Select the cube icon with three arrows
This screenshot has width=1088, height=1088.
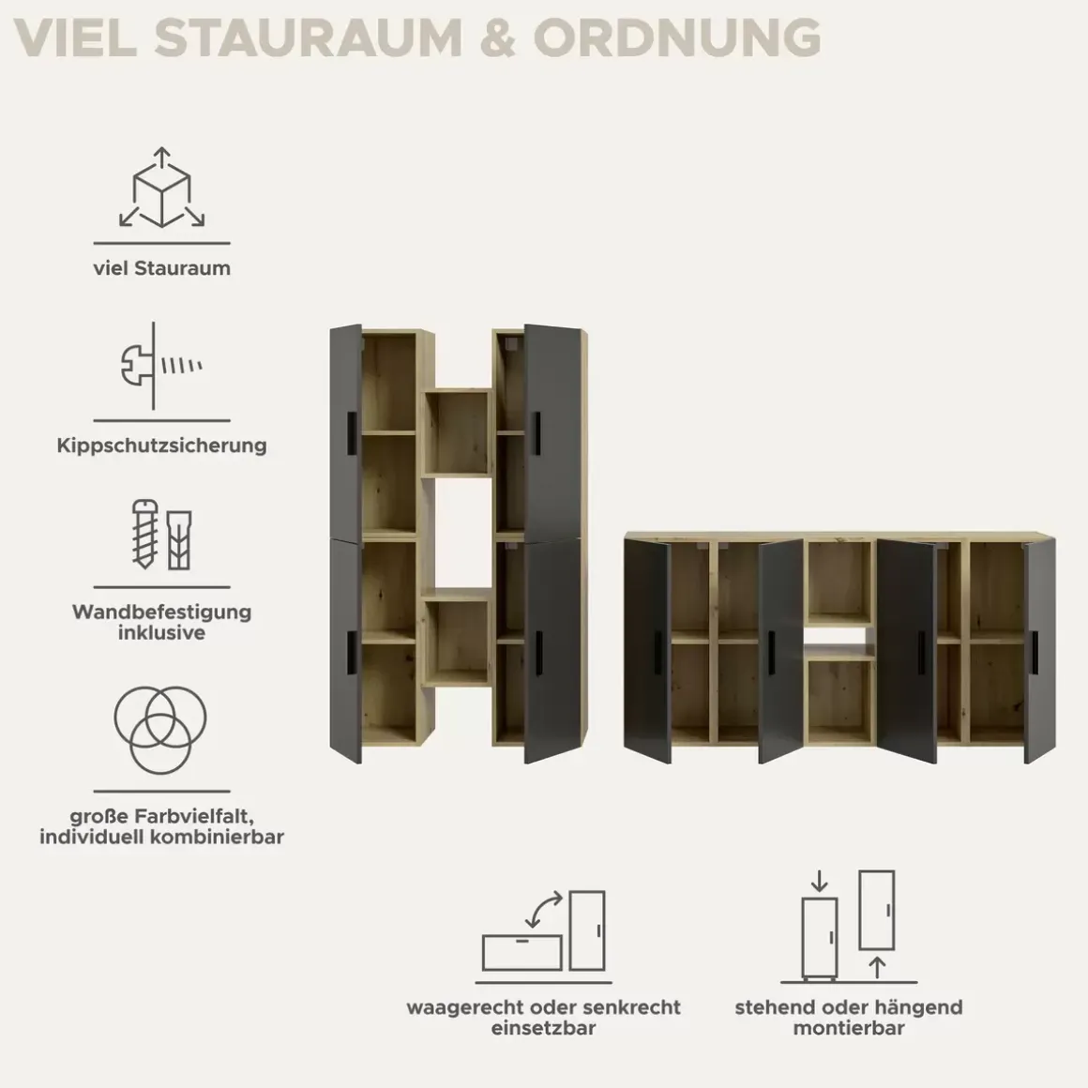tap(161, 188)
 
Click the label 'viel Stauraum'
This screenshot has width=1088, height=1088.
tap(161, 268)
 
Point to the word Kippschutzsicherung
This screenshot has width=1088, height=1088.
tap(161, 445)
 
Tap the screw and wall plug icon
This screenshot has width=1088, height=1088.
tap(161, 535)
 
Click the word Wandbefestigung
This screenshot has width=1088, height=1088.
tap(161, 612)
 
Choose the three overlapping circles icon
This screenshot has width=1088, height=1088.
tap(160, 730)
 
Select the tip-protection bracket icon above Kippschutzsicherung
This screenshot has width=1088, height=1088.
tap(161, 366)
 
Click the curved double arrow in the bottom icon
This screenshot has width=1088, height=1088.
tap(543, 910)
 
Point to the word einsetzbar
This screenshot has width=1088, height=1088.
tap(543, 1028)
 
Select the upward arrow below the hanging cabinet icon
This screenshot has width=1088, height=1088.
tap(877, 967)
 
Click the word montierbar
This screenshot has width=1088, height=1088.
tap(849, 1028)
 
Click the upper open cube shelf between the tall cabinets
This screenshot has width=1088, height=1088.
tap(458, 432)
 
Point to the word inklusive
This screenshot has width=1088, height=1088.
tap(161, 632)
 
